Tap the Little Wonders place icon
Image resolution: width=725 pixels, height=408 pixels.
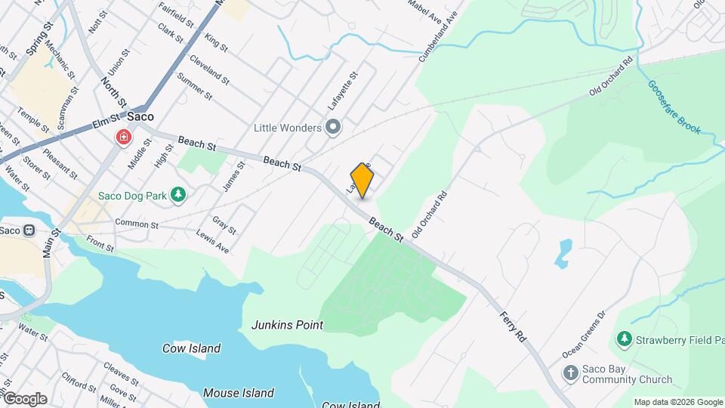pos(333,127)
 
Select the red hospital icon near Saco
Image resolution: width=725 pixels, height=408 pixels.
pos(122,138)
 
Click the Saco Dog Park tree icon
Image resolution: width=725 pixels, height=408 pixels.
pos(178,196)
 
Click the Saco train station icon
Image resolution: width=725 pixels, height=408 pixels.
pos(29,230)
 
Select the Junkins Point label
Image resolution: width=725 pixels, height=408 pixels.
pos(287,325)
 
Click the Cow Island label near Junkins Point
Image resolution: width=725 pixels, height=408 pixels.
pos(192,348)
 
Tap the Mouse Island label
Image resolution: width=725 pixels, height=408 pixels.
pos(238,393)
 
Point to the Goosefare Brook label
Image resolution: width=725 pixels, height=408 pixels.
pos(674,107)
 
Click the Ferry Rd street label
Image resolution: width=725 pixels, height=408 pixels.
pos(512,325)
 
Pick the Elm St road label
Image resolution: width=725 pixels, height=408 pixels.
pos(106,121)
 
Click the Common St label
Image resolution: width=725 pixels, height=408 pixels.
pos(136,224)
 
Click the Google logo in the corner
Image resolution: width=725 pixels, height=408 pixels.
pos(24,399)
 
